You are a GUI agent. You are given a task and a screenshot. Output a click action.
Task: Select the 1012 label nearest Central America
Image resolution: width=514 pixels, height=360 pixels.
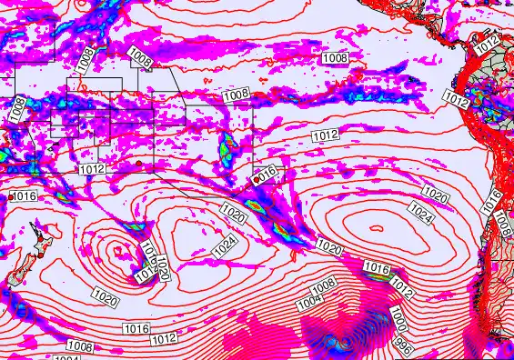tap(488, 42)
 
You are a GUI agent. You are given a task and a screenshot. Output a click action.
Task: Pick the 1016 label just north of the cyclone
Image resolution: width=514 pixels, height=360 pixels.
tap(376, 268)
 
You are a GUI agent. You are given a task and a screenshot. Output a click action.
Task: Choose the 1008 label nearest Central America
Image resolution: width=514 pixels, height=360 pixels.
tap(335, 57)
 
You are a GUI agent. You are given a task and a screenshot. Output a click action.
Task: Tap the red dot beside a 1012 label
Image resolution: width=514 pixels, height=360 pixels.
tap(136, 163)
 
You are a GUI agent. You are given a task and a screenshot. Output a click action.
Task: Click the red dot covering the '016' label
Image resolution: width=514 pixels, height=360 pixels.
tap(257, 179)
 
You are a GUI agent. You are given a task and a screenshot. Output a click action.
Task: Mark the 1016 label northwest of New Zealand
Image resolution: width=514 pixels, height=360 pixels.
tap(24, 196)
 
